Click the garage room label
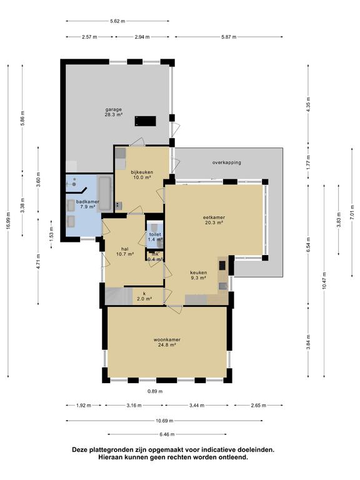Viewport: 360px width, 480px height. pyautogui.click(x=114, y=112)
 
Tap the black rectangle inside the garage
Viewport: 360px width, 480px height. pyautogui.click(x=146, y=121)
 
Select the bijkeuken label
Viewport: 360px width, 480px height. pyautogui.click(x=142, y=174)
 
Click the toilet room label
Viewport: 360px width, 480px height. pyautogui.click(x=155, y=237)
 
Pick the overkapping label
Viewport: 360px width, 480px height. pyautogui.click(x=226, y=162)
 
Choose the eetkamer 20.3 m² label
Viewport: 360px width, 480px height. pyautogui.click(x=214, y=220)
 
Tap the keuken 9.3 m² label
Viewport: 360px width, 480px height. pyautogui.click(x=199, y=275)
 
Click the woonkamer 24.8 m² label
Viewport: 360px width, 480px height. pyautogui.click(x=167, y=342)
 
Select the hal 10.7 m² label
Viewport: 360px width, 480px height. pyautogui.click(x=125, y=251)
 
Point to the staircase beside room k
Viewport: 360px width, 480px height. pyautogui.click(x=119, y=296)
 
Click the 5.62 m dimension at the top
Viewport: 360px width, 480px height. pyautogui.click(x=117, y=21)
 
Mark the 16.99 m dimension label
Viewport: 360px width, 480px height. pyautogui.click(x=8, y=221)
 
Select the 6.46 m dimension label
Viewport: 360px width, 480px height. pyautogui.click(x=167, y=434)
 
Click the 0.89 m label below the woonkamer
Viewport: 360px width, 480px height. pyautogui.click(x=155, y=391)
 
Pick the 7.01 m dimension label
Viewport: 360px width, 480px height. pyautogui.click(x=352, y=212)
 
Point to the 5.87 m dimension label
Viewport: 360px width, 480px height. pyautogui.click(x=229, y=37)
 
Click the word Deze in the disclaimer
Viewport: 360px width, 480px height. pyautogui.click(x=79, y=450)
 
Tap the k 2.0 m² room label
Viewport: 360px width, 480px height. pyautogui.click(x=145, y=296)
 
